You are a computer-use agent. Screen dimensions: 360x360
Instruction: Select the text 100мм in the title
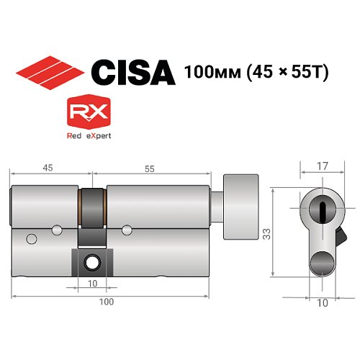(210, 73)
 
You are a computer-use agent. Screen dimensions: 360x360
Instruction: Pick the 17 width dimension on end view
(322, 166)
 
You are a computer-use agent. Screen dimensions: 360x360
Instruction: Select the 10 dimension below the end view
(322, 303)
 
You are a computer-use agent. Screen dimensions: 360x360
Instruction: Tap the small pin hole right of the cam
(127, 230)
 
